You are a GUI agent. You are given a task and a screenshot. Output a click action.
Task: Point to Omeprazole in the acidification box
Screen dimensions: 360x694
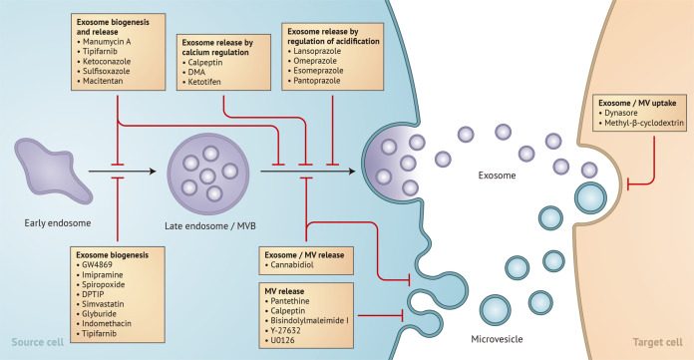pos(320,65)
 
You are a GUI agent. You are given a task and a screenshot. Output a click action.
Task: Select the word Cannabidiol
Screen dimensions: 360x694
pos(297,266)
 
